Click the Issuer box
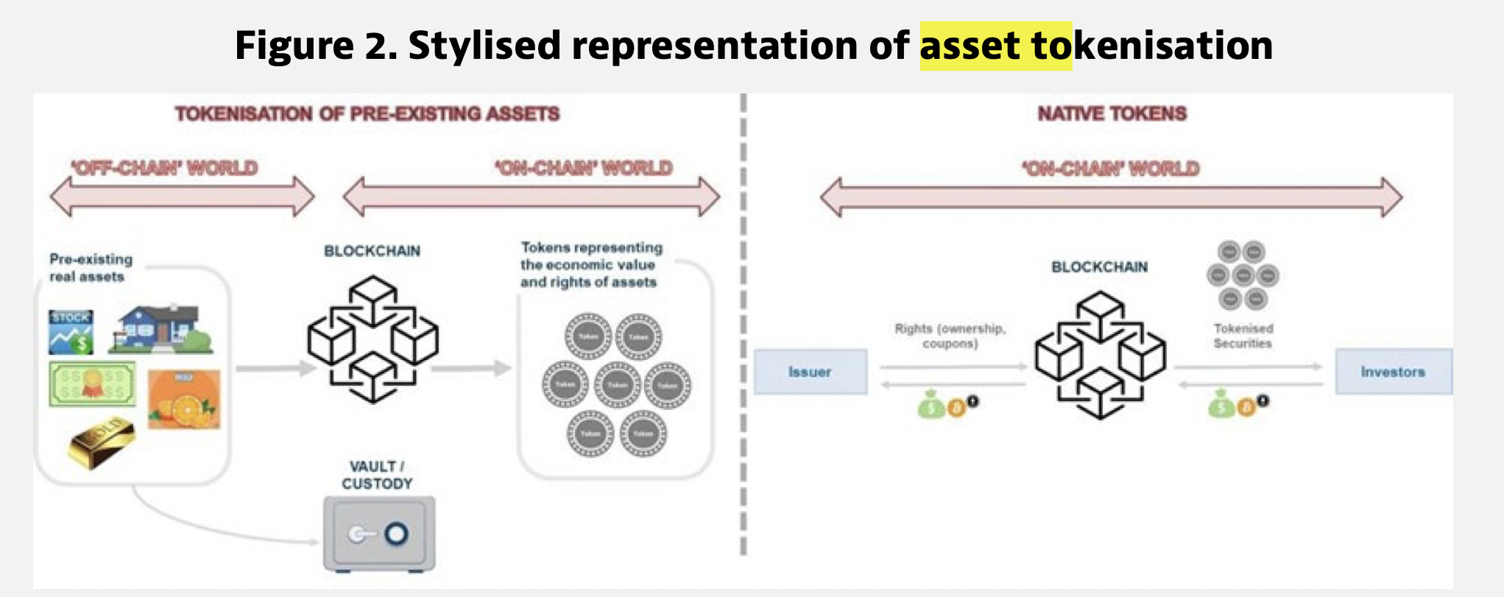point(810,372)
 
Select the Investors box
point(1393,372)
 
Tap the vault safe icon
point(379,534)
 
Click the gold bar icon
point(102,441)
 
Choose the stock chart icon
point(71,332)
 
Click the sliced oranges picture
point(184,400)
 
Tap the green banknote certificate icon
point(93,384)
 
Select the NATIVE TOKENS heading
point(1112,113)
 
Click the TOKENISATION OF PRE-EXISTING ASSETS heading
point(367,113)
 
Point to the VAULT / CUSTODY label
point(377,475)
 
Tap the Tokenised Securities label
point(1243,336)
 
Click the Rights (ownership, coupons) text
point(950,336)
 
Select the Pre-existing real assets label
point(91,267)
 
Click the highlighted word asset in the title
point(970,46)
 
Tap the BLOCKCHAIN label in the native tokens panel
point(1099,266)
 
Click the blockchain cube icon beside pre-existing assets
point(373,339)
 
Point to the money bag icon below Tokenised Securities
point(1220,404)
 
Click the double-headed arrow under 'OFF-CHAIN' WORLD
point(182,197)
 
